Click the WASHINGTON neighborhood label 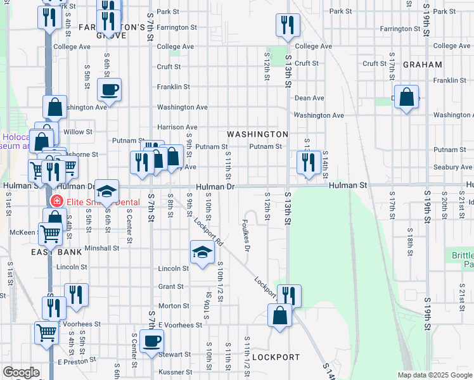pos(257,134)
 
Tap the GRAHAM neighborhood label pos(422,65)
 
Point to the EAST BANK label pos(56,252)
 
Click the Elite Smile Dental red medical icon pos(56,201)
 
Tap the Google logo pos(21,372)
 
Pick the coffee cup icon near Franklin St pos(110,89)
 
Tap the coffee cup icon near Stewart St pos(152,341)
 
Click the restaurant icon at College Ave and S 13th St pos(288,25)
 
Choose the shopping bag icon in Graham pos(406,97)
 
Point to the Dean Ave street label pos(309,98)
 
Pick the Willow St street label pos(78,132)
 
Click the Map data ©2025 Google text pos(434,375)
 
